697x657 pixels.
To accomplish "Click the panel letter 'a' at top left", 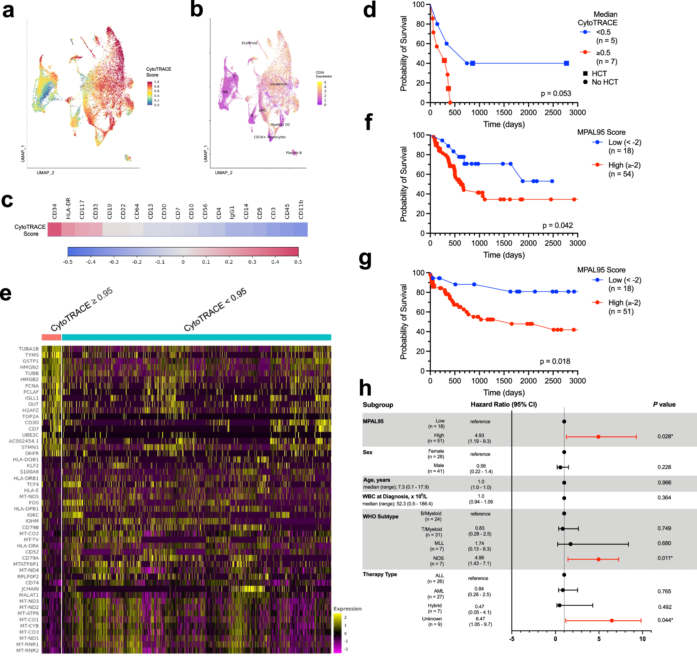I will [x=8, y=10].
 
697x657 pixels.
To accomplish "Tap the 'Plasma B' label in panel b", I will [x=293, y=153].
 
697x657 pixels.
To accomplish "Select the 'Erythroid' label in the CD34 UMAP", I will [x=249, y=43].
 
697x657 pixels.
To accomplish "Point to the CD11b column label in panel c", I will [x=300, y=210].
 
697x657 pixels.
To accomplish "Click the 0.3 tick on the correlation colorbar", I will [x=252, y=262].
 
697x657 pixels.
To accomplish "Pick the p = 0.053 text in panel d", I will [x=556, y=94].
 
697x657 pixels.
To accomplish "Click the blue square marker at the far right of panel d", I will [x=567, y=63].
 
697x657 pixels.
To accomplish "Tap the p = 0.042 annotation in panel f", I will [x=558, y=225].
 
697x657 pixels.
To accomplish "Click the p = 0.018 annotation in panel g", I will [x=555, y=361].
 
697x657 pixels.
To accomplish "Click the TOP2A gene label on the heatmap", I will [x=30, y=417].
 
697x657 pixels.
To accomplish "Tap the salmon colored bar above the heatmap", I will [x=51, y=338].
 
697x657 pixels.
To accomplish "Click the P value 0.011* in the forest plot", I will [x=665, y=558].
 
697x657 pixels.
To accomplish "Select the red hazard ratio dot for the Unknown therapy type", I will [x=612, y=620].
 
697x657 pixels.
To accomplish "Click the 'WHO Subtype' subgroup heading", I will [x=381, y=517].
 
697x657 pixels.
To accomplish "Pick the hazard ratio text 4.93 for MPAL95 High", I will [x=479, y=435].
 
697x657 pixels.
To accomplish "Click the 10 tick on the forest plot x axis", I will [x=642, y=639].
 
